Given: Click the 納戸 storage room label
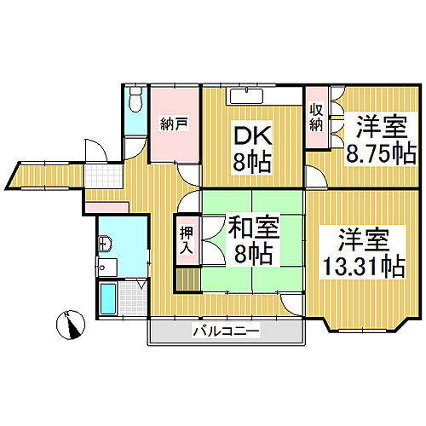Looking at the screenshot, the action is pyautogui.click(x=174, y=124).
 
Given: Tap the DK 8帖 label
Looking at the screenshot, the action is pyautogui.click(x=252, y=150).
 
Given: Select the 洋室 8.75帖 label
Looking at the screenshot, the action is pyautogui.click(x=381, y=140).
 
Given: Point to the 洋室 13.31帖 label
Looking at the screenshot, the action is pyautogui.click(x=365, y=252).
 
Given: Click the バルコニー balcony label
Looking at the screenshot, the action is pyautogui.click(x=227, y=331).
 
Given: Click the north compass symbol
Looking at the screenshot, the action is pyautogui.click(x=71, y=325).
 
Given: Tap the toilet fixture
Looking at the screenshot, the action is pyautogui.click(x=135, y=99).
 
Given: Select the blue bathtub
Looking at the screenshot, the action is pyautogui.click(x=108, y=298).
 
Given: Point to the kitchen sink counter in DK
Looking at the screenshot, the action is pyautogui.click(x=246, y=96).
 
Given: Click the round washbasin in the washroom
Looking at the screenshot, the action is pyautogui.click(x=105, y=244).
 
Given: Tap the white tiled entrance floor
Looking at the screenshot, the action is pyautogui.click(x=104, y=176).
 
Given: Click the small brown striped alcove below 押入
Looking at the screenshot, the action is pyautogui.click(x=188, y=279).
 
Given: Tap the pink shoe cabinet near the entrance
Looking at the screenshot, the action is pyautogui.click(x=106, y=207).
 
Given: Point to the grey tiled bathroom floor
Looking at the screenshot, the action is pyautogui.click(x=133, y=298).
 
